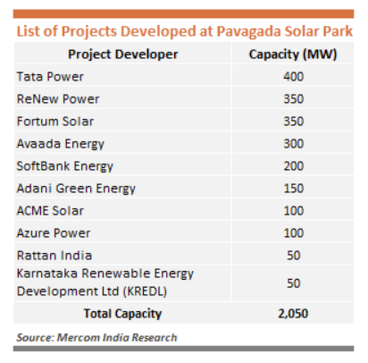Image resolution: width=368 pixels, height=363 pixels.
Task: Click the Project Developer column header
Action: pyautogui.click(x=123, y=55)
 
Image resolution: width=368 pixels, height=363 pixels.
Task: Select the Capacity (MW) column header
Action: pyautogui.click(x=293, y=55)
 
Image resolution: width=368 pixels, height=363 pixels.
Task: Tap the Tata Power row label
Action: pyautogui.click(x=50, y=77)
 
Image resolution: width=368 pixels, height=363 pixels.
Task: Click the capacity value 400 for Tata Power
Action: pyautogui.click(x=294, y=77)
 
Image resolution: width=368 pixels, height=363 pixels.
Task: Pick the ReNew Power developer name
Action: pyautogui.click(x=58, y=99)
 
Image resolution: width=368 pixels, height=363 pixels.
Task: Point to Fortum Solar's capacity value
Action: pyautogui.click(x=294, y=122)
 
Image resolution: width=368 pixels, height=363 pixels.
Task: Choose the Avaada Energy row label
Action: pyautogui.click(x=61, y=144)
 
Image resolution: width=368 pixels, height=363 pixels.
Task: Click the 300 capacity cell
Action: pyautogui.click(x=294, y=144)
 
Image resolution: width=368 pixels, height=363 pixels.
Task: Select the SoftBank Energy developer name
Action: pyautogui.click(x=65, y=166)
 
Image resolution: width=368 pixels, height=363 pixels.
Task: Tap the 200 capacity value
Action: pyautogui.click(x=294, y=166)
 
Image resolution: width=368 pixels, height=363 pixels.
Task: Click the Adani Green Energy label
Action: pyautogui.click(x=76, y=189)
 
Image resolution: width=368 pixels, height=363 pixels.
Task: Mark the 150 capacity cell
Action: pyautogui.click(x=294, y=189)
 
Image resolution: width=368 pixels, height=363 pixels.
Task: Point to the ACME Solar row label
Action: pyautogui.click(x=50, y=211)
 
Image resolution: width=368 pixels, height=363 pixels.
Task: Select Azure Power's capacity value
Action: pyautogui.click(x=294, y=233)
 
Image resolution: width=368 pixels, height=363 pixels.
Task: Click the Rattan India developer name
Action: pyautogui.click(x=54, y=256)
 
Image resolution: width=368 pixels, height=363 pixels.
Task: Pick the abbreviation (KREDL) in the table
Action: pyautogui.click(x=145, y=291)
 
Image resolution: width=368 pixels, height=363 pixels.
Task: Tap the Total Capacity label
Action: pyautogui.click(x=122, y=314)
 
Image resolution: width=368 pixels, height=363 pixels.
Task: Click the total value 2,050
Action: pyautogui.click(x=293, y=314)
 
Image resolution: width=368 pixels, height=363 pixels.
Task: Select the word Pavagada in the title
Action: pyautogui.click(x=248, y=31)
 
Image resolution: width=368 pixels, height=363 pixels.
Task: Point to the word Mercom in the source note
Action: pyautogui.click(x=79, y=337)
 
